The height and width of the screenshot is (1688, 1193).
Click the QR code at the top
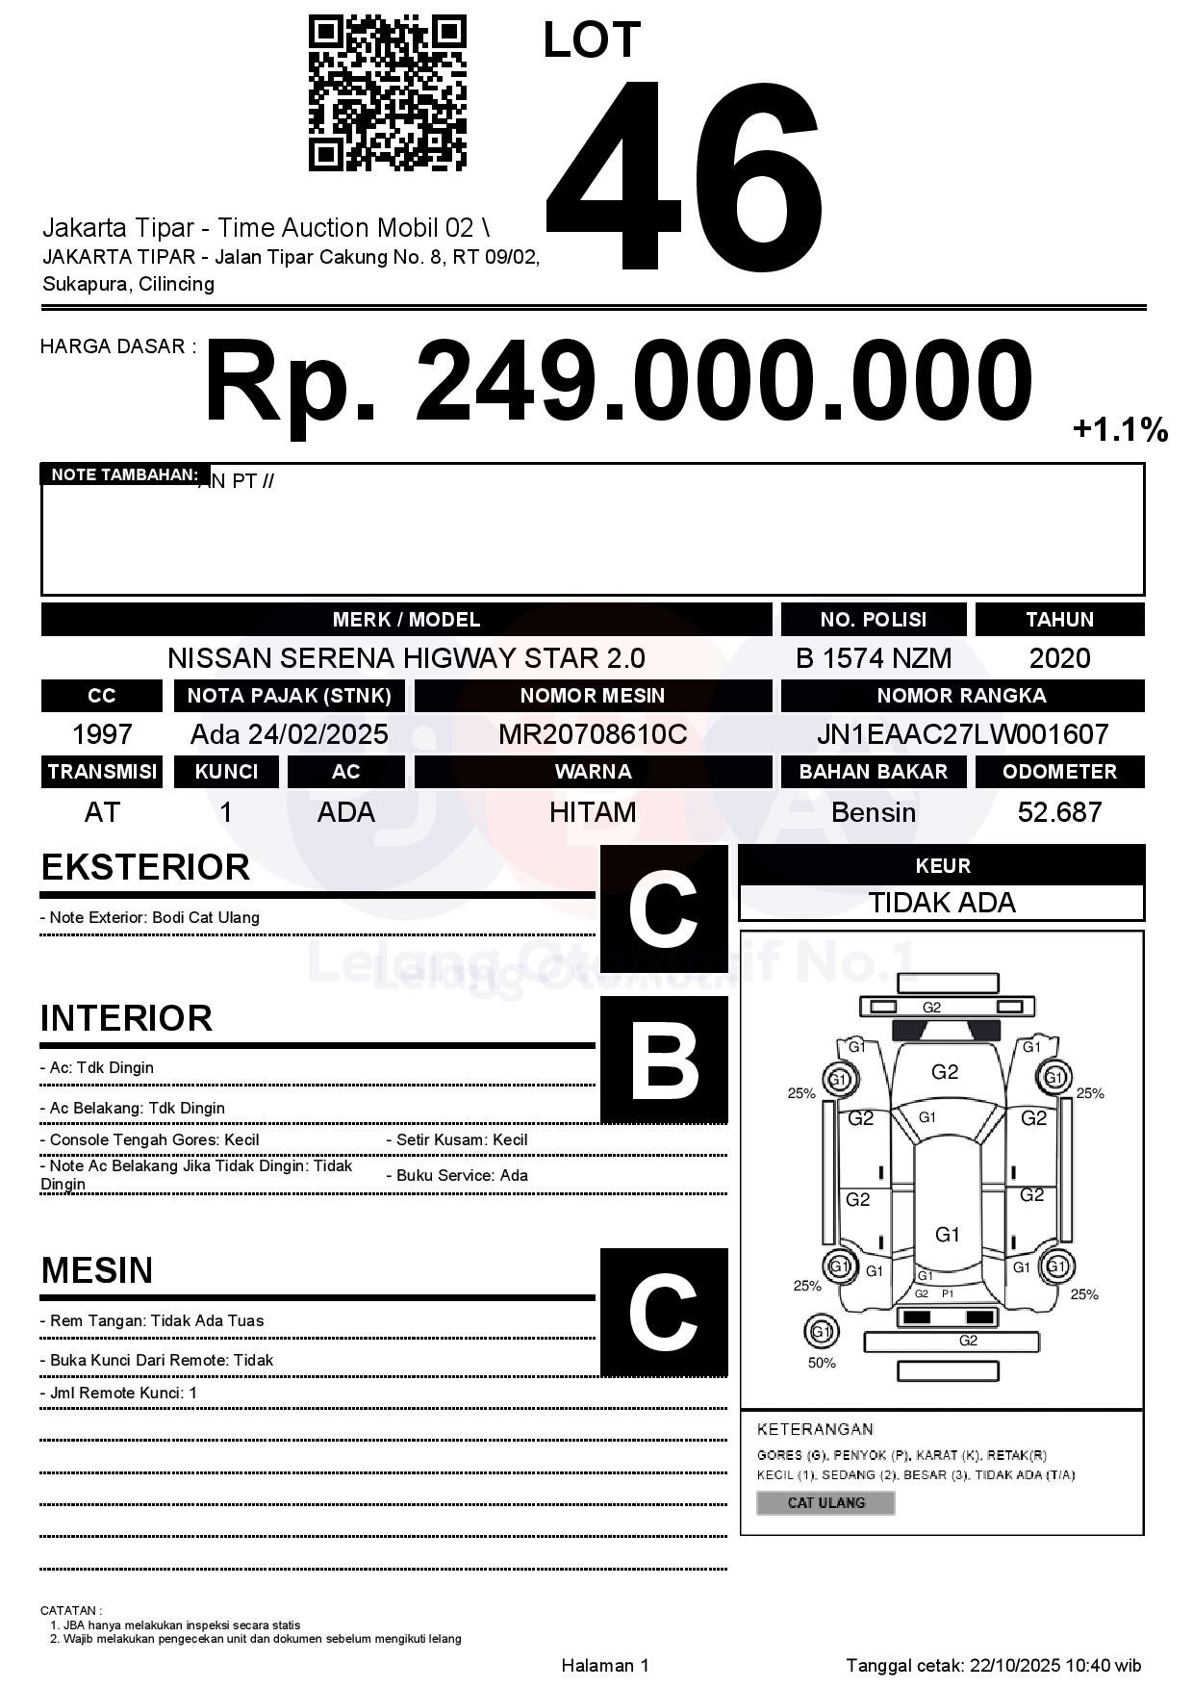[x=387, y=93]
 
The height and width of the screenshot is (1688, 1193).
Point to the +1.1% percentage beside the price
[x=1120, y=429]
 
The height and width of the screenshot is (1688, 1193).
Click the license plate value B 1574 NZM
[x=873, y=658]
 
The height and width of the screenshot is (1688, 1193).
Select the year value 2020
[x=1059, y=658]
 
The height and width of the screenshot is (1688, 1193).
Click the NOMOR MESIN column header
[x=592, y=696]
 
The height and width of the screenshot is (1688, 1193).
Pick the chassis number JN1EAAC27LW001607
[x=962, y=734]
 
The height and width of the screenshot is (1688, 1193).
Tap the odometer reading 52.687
[x=1059, y=812]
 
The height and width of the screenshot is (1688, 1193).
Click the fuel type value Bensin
[x=873, y=812]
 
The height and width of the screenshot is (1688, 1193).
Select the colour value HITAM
[x=592, y=812]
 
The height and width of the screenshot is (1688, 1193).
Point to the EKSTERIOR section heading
[x=145, y=867]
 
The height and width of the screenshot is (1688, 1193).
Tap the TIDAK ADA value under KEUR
[x=942, y=903]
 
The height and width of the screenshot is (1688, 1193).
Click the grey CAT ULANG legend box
[x=825, y=1502]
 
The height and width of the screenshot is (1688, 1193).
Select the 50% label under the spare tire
[x=822, y=1363]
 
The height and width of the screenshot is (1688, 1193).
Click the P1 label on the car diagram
[x=948, y=1293]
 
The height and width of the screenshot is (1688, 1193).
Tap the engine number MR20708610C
[x=592, y=734]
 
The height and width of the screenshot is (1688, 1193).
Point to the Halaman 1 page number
[x=605, y=1665]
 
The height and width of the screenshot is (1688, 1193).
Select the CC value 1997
[x=102, y=734]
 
